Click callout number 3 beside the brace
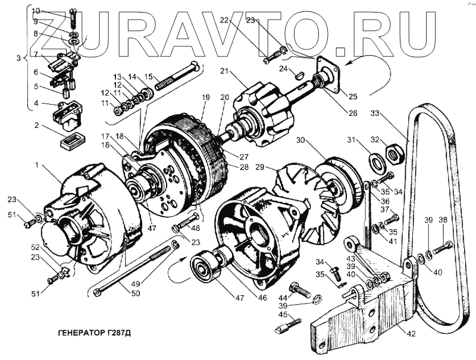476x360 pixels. [18, 58]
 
